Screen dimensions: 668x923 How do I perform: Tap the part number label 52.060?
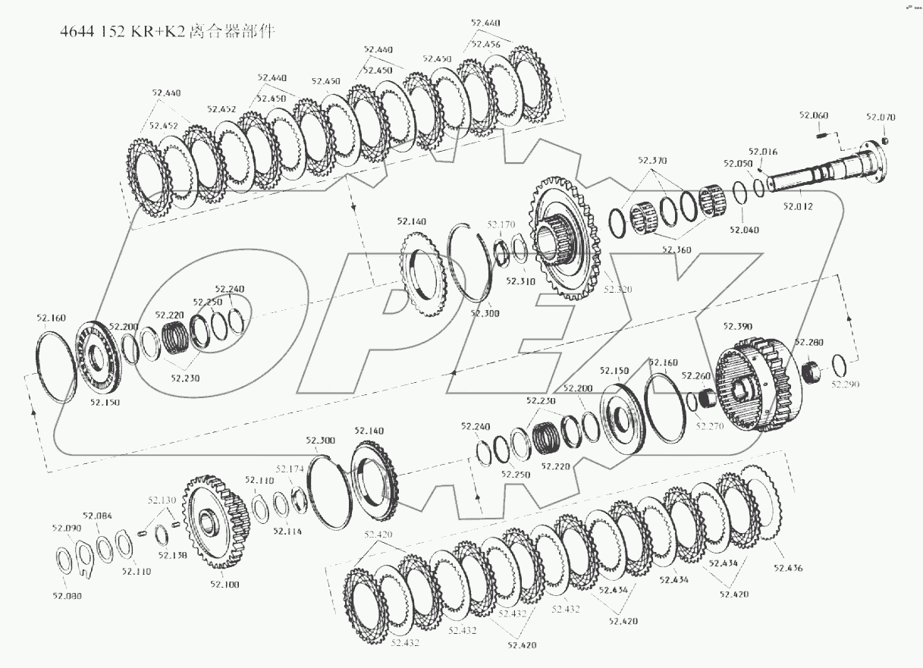click(x=813, y=115)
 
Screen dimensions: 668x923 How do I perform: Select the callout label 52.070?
click(x=881, y=118)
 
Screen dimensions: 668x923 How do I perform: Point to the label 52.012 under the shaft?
click(x=798, y=205)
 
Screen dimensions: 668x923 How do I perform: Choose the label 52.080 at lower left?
click(x=66, y=596)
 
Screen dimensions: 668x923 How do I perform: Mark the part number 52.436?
click(x=788, y=568)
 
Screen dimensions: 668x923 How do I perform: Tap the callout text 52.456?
click(x=485, y=45)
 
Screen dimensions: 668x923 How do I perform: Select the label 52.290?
click(x=846, y=385)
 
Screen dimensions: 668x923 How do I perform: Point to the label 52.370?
click(x=652, y=161)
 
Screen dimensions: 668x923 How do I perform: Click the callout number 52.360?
click(x=677, y=249)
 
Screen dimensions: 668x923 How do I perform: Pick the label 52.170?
click(x=501, y=224)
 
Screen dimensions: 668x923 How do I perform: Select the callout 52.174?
click(x=290, y=469)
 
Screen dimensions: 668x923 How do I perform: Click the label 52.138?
click(x=172, y=555)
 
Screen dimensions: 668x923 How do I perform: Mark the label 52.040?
click(x=744, y=230)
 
